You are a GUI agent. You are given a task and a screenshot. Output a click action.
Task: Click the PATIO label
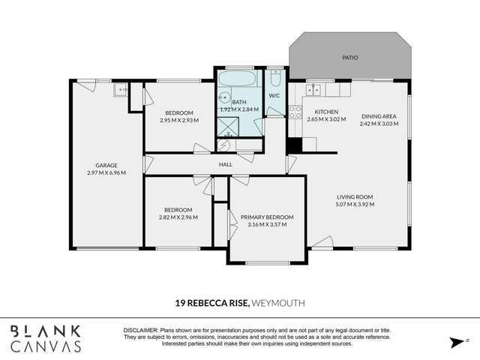pyautogui.click(x=350, y=57)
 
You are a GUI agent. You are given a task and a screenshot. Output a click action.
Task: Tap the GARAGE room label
pyautogui.click(x=106, y=165)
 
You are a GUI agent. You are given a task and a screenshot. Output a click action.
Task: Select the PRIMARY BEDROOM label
pyautogui.click(x=267, y=217)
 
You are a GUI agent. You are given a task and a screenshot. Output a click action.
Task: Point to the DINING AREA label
pyautogui.click(x=379, y=116)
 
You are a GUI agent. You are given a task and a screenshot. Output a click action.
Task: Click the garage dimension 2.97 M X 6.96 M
pyautogui.click(x=106, y=173)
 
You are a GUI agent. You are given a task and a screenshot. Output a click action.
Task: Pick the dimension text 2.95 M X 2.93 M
pyautogui.click(x=179, y=119)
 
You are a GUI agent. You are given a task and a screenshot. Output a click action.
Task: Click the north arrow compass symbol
pyautogui.click(x=456, y=342)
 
